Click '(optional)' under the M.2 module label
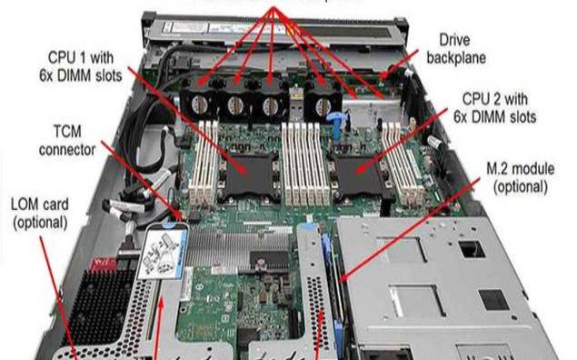coord(519,187)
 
